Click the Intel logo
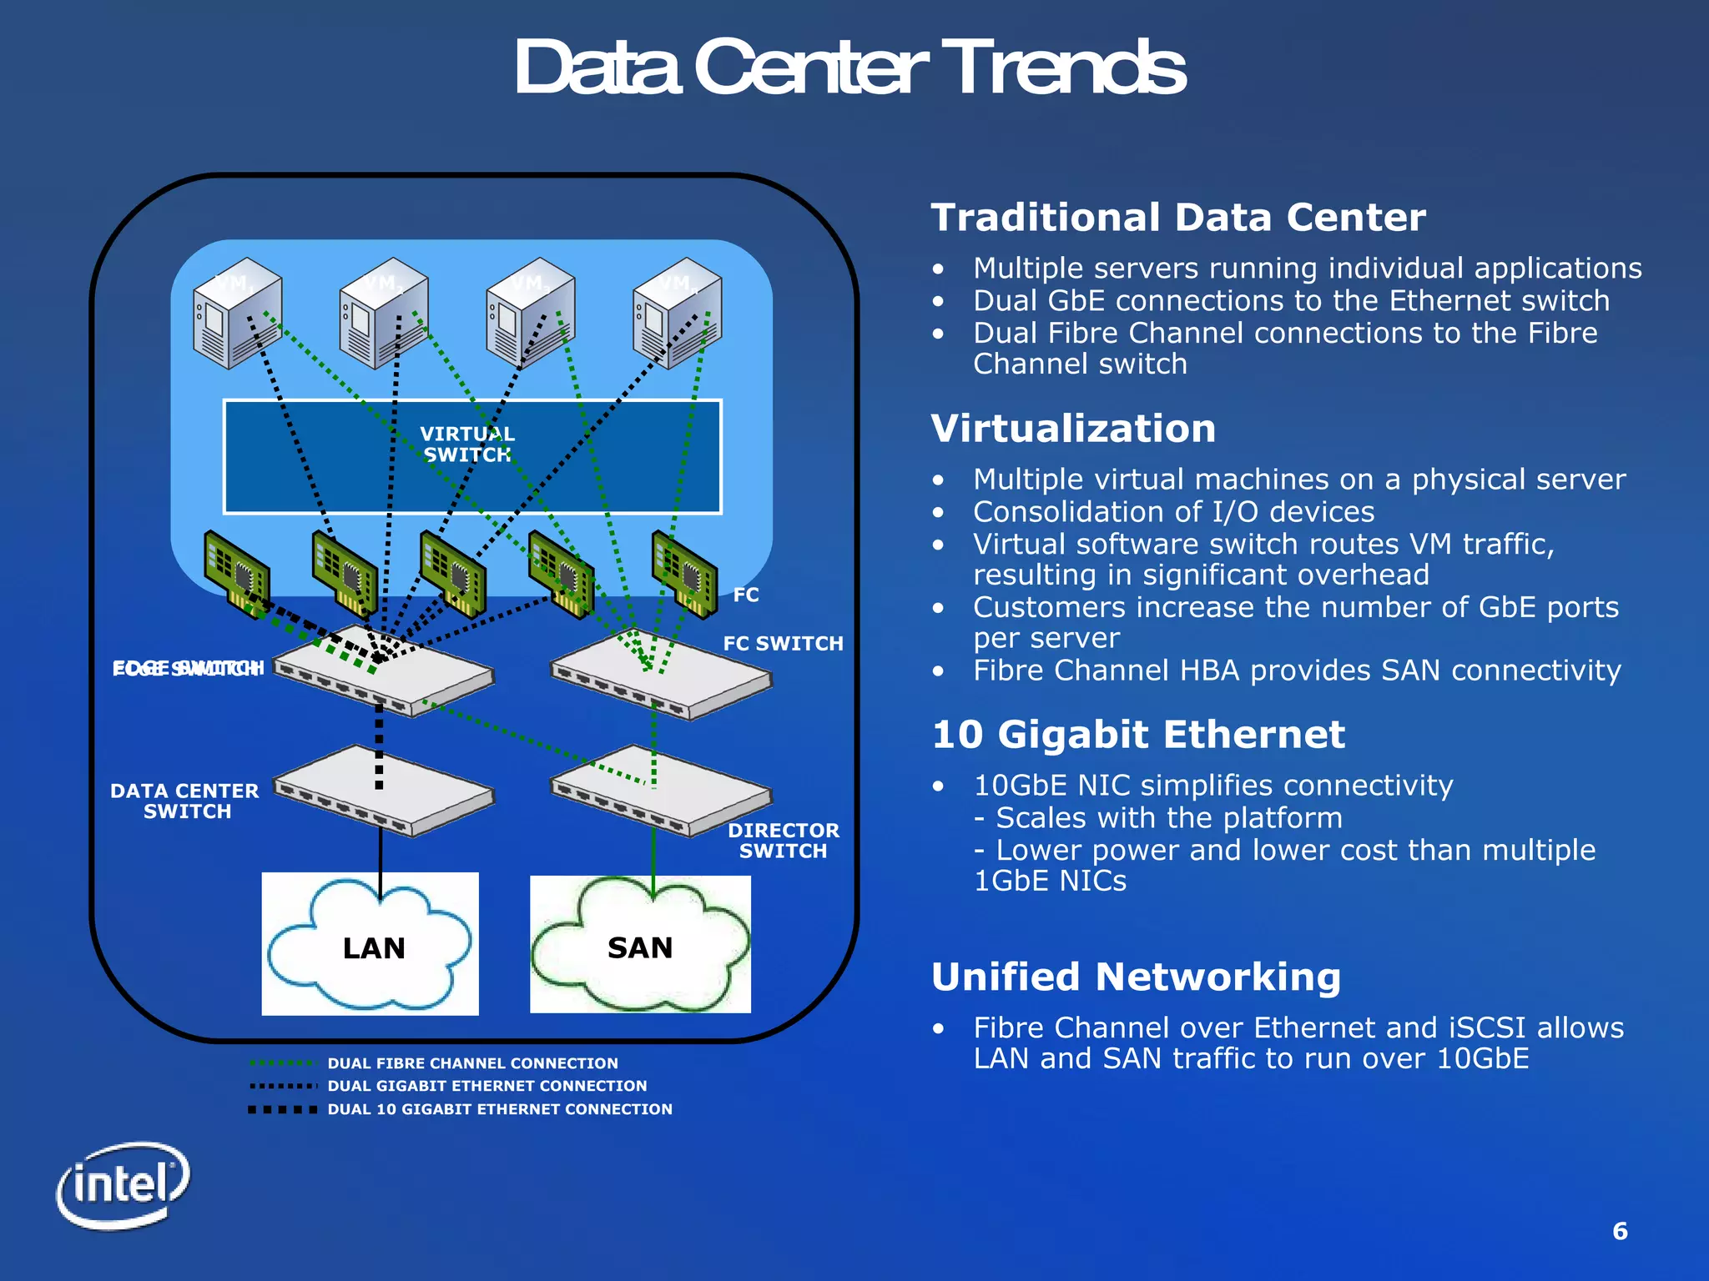pos(124,1185)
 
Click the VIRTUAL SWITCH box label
pos(467,445)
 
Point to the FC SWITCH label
pos(783,644)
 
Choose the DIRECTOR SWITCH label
pos(783,841)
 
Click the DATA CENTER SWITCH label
pos(185,801)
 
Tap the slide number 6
pos(1620,1231)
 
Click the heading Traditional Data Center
pos(1177,218)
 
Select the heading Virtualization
pos(1073,429)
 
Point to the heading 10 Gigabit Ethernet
pos(1138,735)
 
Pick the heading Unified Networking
pos(1136,977)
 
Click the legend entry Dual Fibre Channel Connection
pos(472,1063)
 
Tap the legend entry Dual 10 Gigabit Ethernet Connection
pos(499,1109)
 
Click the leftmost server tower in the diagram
pos(236,314)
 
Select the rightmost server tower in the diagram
pos(677,314)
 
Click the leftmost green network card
pos(237,573)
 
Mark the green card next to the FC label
pos(684,574)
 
